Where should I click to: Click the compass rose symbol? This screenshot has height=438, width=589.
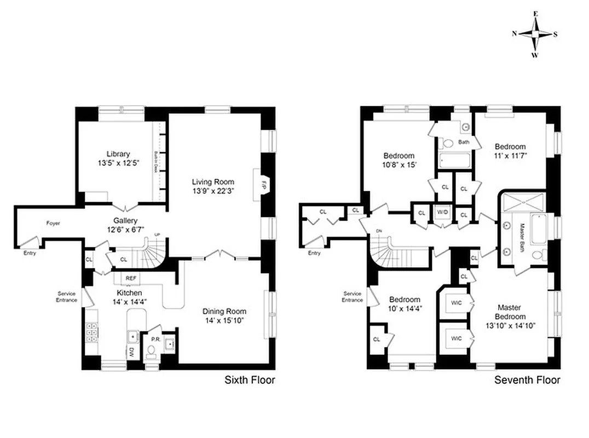pos(535,34)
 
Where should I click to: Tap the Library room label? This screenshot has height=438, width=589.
pos(118,154)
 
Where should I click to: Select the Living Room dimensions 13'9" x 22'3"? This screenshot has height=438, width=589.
pos(213,191)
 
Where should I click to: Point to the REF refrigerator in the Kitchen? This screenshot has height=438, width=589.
pos(131,278)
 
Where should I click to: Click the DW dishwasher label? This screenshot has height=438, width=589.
pos(131,353)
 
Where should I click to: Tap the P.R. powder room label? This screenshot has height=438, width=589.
pos(155,339)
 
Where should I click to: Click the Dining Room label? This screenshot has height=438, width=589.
pos(222,311)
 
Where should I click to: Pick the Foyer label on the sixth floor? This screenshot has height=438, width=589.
pos(53,223)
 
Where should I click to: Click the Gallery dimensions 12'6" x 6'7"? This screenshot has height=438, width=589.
pos(126,229)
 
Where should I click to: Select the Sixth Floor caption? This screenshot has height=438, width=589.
pos(250,380)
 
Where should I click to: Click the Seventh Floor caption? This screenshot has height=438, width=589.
pos(527,380)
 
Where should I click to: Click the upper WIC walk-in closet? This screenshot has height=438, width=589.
pos(457,302)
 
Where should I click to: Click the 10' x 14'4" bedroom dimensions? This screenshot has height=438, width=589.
pos(405,309)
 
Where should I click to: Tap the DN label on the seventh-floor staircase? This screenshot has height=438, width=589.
pos(379,232)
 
